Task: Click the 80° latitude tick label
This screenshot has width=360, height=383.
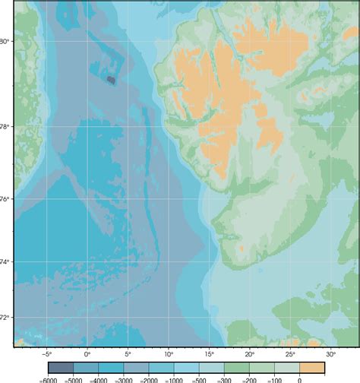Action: click(x=5, y=41)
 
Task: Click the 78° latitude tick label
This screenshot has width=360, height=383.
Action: click(x=5, y=126)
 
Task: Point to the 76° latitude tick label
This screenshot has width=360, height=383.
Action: click(x=5, y=199)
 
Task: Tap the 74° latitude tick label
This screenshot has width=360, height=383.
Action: click(x=5, y=262)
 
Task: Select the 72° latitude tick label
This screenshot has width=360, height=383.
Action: click(x=5, y=317)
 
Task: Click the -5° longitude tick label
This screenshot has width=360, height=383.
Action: click(x=46, y=354)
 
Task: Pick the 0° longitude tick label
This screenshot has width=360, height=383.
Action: click(x=87, y=354)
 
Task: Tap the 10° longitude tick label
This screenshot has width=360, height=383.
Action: click(x=168, y=354)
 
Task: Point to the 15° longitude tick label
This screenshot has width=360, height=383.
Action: click(x=209, y=354)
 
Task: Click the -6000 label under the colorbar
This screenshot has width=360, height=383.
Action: click(x=48, y=379)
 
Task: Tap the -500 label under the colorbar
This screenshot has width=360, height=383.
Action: click(x=199, y=379)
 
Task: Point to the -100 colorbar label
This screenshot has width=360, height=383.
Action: click(x=274, y=379)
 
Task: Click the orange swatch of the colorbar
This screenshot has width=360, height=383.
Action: click(x=312, y=368)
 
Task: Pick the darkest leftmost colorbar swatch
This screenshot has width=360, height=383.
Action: click(x=61, y=368)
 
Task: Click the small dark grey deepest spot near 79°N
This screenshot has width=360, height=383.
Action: click(x=111, y=78)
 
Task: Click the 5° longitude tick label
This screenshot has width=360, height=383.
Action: click(x=128, y=354)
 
